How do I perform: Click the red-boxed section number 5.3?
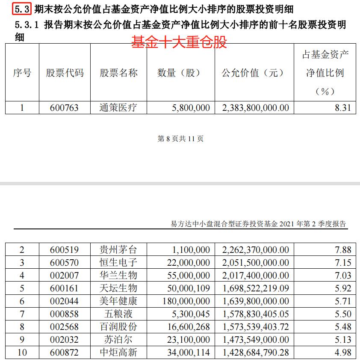tap(22, 9)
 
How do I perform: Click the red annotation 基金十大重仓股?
tap(179, 42)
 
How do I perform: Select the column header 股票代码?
tap(65, 73)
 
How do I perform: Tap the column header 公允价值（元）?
tap(253, 73)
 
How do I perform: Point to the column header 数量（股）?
tap(179, 73)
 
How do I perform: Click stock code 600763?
tap(65, 107)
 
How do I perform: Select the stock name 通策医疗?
tap(118, 107)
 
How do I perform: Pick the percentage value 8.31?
tap(343, 107)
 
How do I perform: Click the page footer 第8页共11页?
tap(180, 139)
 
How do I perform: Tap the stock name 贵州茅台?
tap(118, 249)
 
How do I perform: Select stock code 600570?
tap(65, 262)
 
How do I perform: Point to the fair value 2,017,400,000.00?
tap(256, 275)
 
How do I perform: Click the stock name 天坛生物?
tap(118, 288)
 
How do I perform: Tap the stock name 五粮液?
tap(118, 314)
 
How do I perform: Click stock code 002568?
tap(65, 327)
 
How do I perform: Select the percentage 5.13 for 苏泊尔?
tap(343, 340)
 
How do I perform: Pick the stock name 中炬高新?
tap(118, 353)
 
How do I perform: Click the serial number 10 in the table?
tap(22, 353)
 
